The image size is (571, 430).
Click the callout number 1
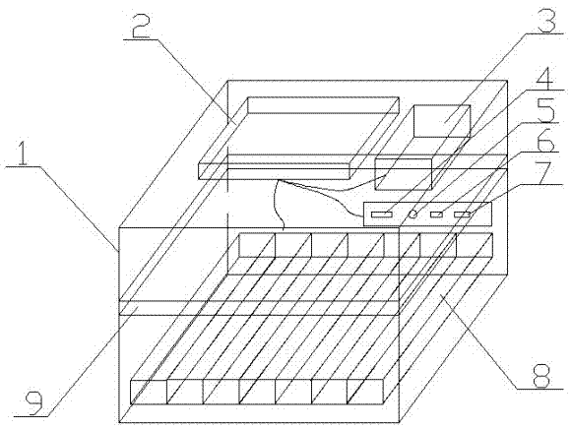click(23, 154)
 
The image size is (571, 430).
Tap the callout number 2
click(140, 26)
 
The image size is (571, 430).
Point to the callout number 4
click(545, 77)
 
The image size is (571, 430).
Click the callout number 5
click(544, 109)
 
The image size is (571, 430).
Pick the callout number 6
click(545, 139)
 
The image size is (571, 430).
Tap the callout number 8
click(540, 375)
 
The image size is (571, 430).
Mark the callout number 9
click(33, 402)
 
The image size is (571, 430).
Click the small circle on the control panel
click(412, 215)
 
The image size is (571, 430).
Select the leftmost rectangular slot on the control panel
click(382, 215)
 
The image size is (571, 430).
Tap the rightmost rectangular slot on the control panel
click(462, 215)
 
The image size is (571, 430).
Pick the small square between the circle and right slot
click(437, 215)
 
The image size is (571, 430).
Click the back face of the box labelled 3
click(442, 121)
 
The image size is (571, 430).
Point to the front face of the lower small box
click(403, 174)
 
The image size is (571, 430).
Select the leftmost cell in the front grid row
click(149, 392)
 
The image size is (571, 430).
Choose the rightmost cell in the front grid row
click(365, 392)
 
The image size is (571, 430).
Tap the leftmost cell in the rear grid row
click(257, 245)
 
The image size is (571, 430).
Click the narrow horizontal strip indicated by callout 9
click(259, 308)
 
